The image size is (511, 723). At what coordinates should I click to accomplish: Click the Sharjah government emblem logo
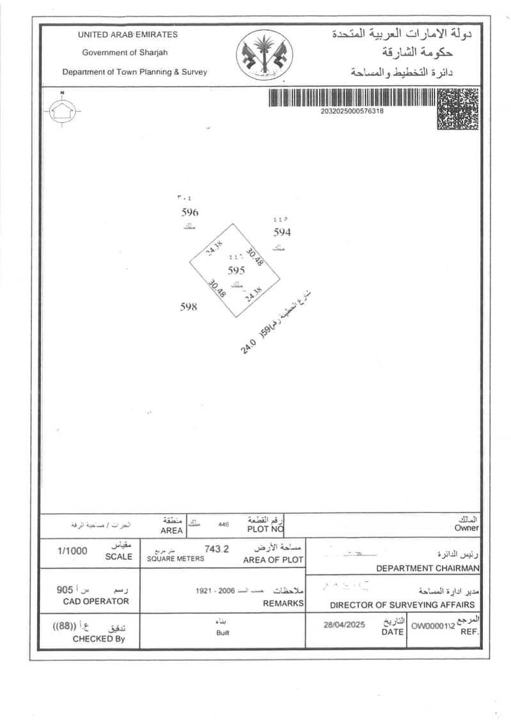click(x=264, y=56)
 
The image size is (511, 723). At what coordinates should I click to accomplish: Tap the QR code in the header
click(x=457, y=109)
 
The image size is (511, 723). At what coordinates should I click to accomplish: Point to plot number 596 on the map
click(x=190, y=212)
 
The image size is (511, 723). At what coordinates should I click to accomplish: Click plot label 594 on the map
click(x=282, y=232)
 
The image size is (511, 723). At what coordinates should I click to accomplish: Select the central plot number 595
click(x=236, y=270)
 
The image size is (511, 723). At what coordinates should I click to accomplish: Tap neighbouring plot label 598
click(x=189, y=306)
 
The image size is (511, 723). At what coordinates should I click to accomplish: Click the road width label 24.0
click(x=248, y=347)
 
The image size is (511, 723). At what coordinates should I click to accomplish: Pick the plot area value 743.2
click(x=216, y=548)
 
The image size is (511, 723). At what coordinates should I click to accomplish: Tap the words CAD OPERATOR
click(x=96, y=601)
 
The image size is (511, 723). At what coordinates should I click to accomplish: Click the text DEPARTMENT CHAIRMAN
click(x=427, y=568)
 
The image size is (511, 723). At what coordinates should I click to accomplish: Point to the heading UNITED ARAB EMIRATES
click(x=128, y=35)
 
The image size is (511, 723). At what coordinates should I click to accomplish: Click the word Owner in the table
click(x=467, y=528)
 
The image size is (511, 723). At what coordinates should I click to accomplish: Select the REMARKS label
click(x=283, y=603)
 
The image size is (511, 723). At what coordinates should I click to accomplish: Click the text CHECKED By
click(x=98, y=639)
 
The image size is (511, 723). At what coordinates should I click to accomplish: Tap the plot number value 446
click(x=223, y=523)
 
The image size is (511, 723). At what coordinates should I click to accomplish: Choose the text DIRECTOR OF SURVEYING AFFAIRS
click(x=402, y=605)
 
